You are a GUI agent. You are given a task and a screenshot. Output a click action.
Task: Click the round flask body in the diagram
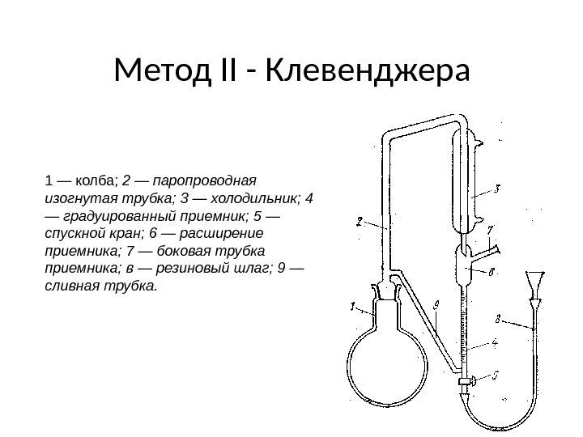pos(381,357)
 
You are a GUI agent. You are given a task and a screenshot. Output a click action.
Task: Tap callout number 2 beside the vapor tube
pos(359,221)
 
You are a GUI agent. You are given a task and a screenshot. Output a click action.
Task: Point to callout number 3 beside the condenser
pos(497,190)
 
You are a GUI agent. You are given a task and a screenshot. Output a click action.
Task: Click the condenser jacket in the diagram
pos(467,186)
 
